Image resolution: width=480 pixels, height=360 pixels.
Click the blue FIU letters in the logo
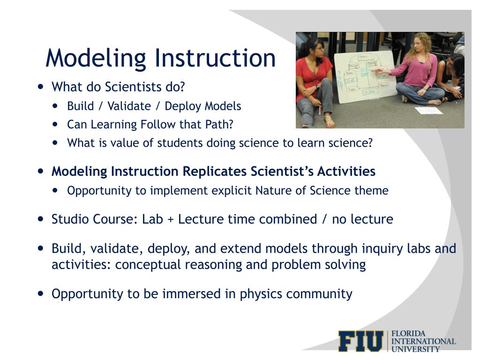point(360,341)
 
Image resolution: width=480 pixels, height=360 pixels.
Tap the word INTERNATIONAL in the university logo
point(423,341)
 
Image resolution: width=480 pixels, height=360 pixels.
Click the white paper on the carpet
point(428,111)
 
